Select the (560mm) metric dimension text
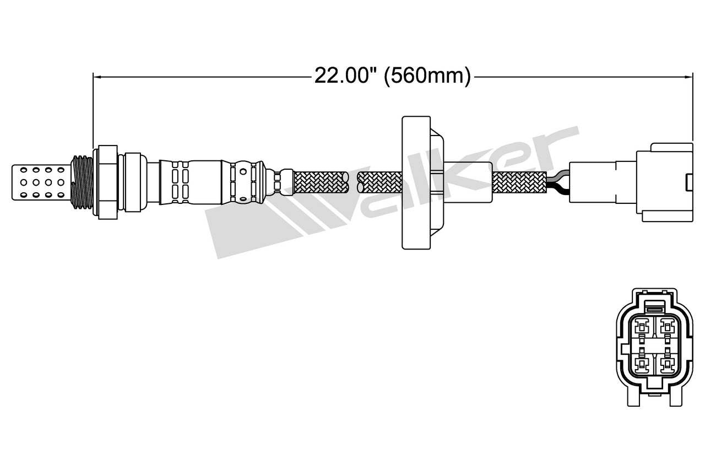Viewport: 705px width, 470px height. click(x=427, y=75)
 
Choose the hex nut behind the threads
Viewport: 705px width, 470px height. click(x=107, y=182)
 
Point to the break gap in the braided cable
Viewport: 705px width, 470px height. click(x=352, y=182)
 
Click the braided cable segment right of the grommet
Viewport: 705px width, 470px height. click(x=518, y=182)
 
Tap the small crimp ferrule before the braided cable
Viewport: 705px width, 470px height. click(x=285, y=182)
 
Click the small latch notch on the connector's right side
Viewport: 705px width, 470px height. click(x=689, y=181)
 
